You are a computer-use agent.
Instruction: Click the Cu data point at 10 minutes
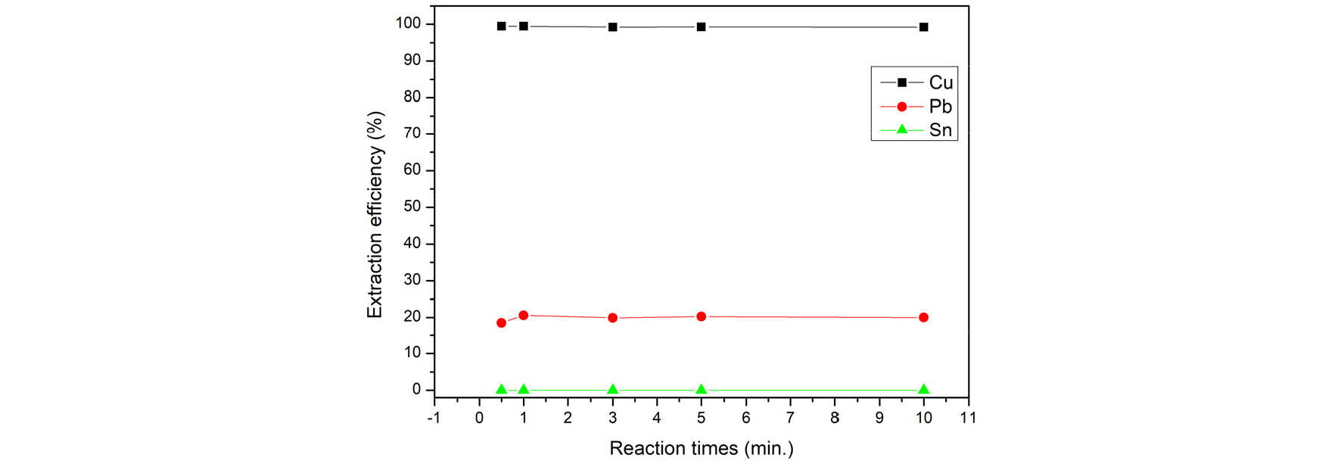(x=923, y=27)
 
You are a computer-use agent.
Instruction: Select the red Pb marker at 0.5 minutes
(x=501, y=322)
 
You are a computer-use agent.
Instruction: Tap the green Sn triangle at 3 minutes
(x=613, y=389)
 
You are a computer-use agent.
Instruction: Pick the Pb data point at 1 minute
(x=524, y=315)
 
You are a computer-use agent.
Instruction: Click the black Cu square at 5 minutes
(x=702, y=27)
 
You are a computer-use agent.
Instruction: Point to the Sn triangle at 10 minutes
(x=923, y=389)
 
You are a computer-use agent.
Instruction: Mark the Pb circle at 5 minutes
(x=702, y=316)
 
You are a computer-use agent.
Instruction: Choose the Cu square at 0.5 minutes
(x=501, y=26)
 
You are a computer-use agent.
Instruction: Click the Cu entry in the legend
(x=941, y=83)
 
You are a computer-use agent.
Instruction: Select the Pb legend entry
(x=940, y=107)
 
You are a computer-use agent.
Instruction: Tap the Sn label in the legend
(x=940, y=130)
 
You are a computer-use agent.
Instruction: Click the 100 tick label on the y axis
(x=408, y=23)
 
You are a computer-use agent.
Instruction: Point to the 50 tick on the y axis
(x=412, y=207)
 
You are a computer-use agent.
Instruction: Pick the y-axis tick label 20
(x=412, y=317)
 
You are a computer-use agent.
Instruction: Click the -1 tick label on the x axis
(x=434, y=418)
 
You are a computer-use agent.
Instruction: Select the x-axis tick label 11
(x=967, y=418)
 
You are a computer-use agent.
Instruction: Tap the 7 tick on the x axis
(x=790, y=418)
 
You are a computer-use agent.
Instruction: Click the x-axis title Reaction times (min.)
(x=702, y=449)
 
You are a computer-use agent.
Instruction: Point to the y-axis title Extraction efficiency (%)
(x=375, y=215)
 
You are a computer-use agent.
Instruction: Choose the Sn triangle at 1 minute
(x=524, y=389)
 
